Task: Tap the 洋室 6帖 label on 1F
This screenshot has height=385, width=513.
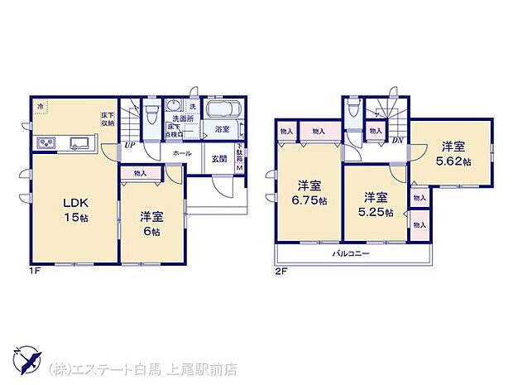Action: point(151,223)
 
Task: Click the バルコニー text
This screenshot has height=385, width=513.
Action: point(351,253)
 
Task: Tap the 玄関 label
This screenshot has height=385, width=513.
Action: point(218,159)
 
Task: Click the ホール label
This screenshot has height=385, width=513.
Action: point(183,153)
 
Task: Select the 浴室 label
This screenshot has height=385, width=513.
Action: point(222,130)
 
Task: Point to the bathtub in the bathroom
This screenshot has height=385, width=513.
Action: point(222,112)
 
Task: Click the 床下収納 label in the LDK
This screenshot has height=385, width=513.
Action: point(108,118)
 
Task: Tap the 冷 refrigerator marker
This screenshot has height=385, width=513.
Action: point(40,106)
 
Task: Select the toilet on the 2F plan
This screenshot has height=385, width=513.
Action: point(354,110)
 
